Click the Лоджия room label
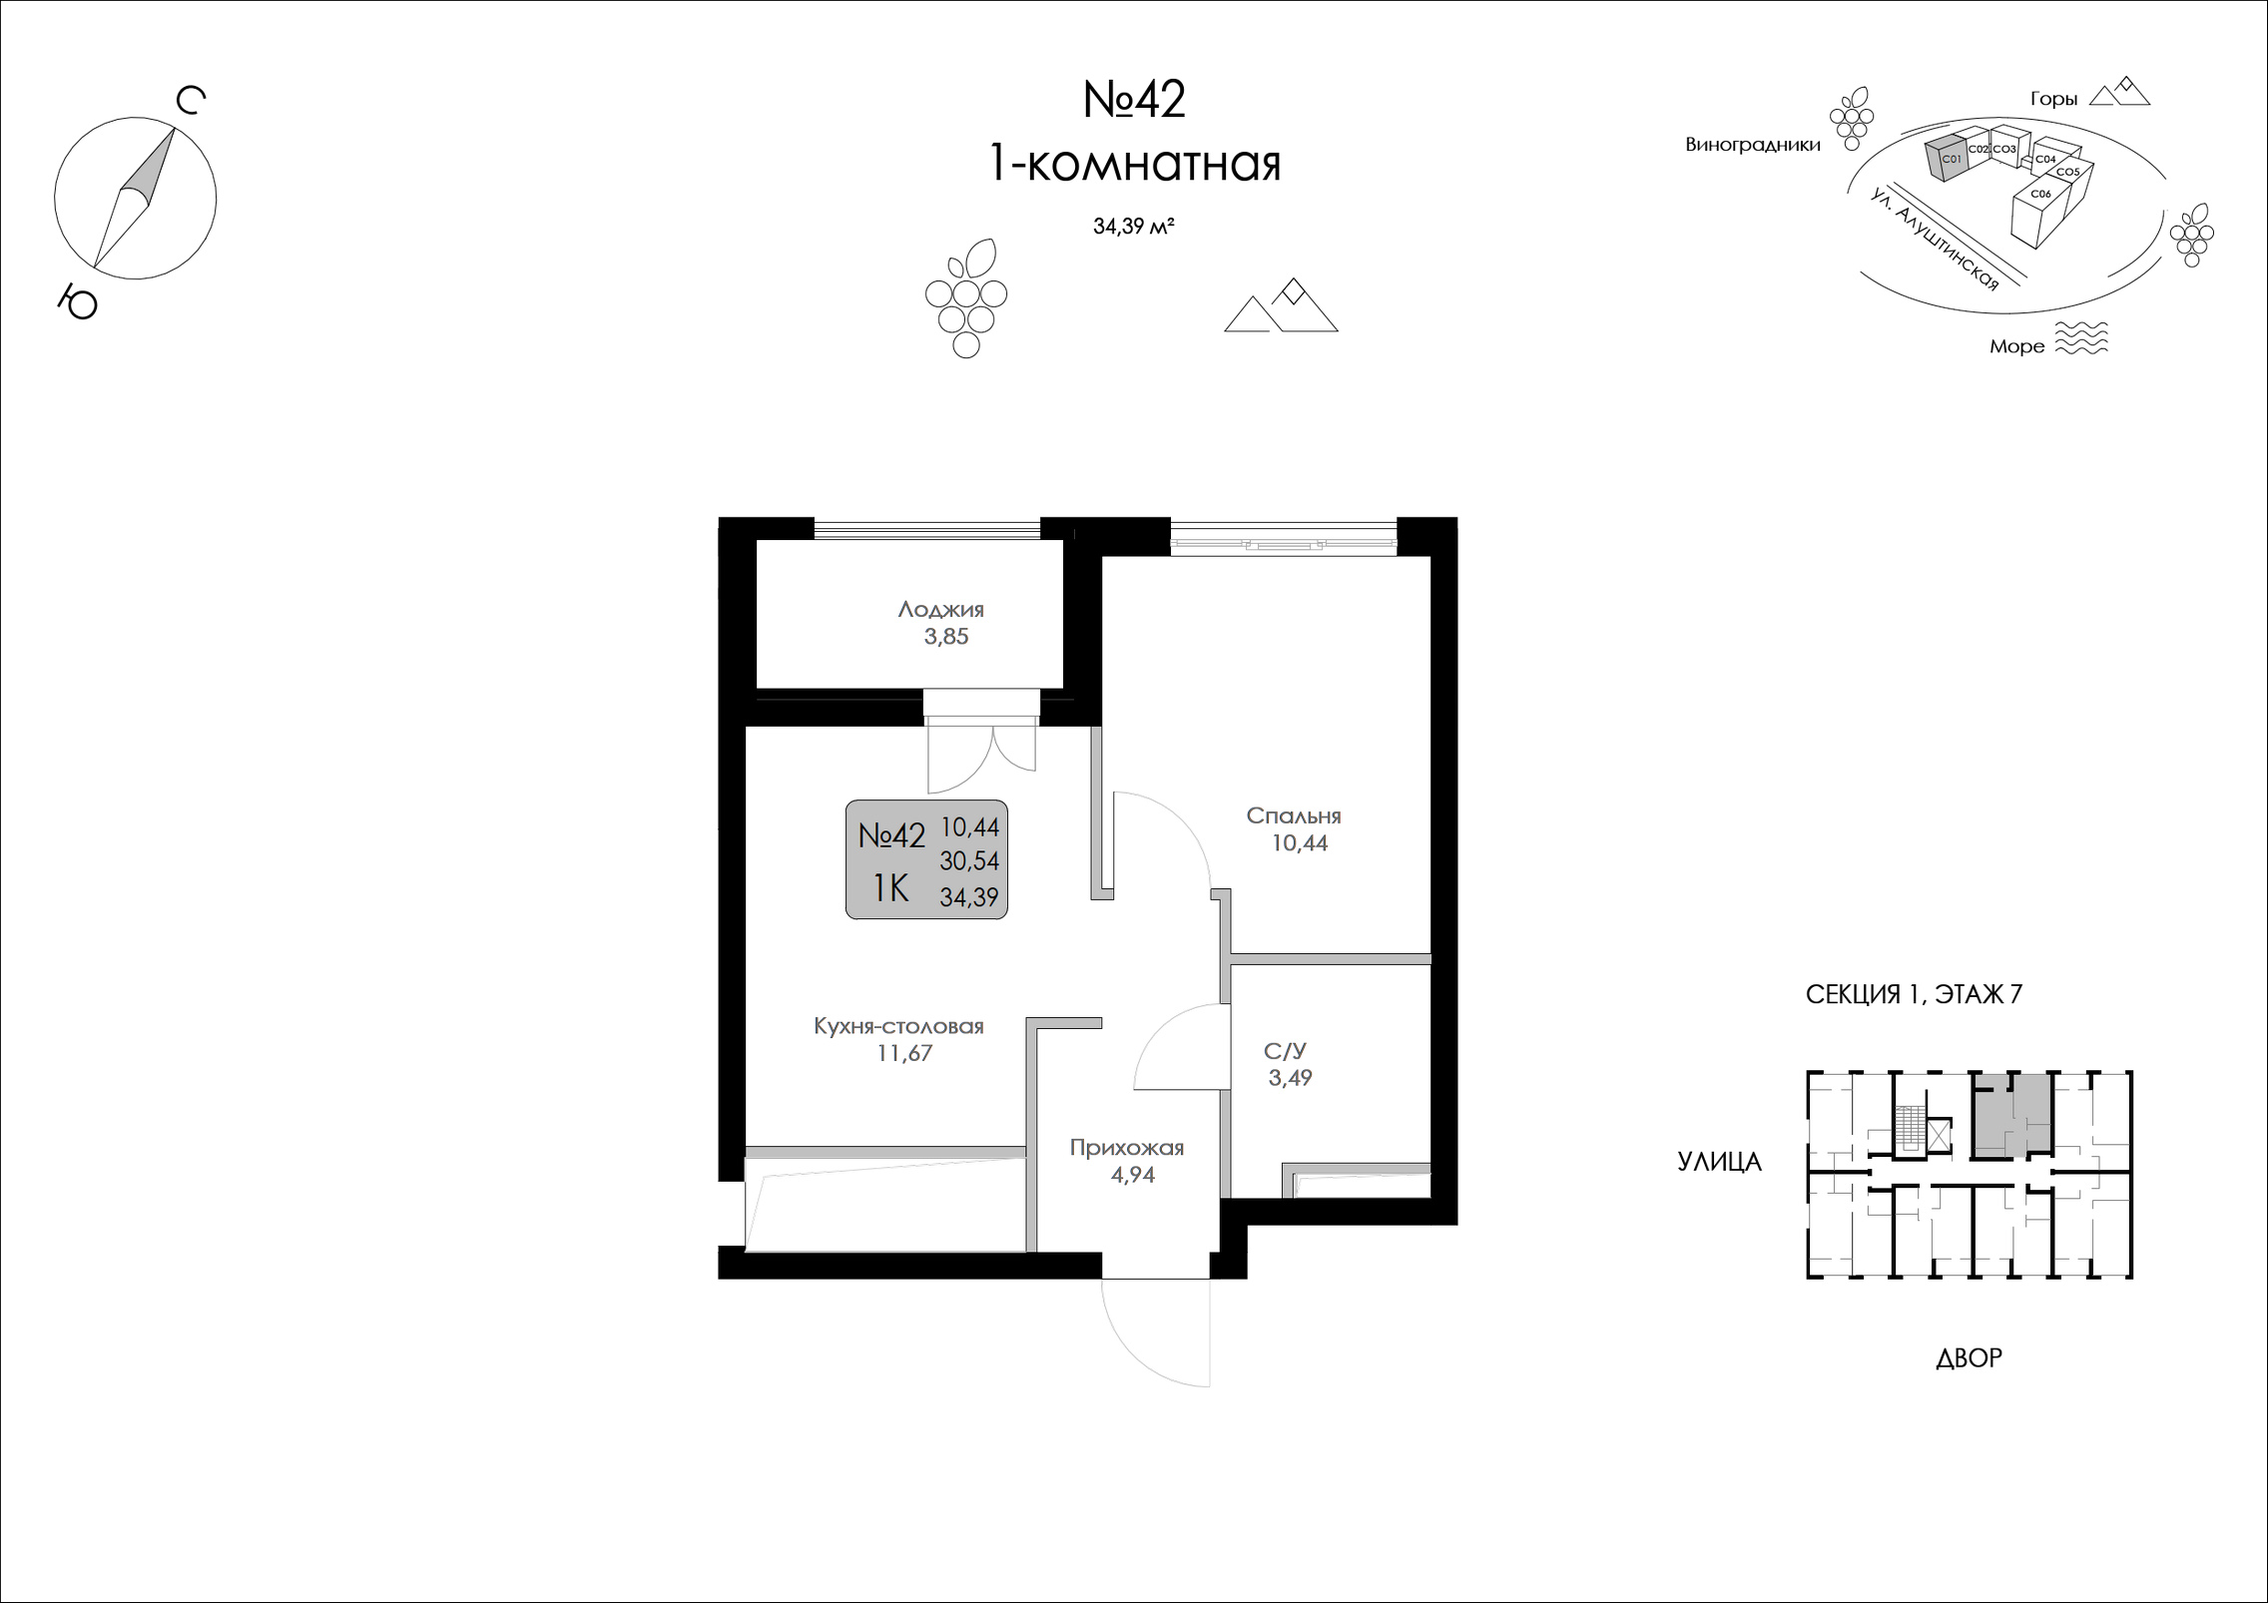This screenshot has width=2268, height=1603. tap(940, 609)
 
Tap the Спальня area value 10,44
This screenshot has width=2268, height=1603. tap(1299, 843)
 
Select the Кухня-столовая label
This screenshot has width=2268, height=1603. tap(898, 1026)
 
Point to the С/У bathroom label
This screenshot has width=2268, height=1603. tap(1285, 1051)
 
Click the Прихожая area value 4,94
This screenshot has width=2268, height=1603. tap(1132, 1175)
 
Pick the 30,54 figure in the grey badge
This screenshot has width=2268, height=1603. tap(969, 860)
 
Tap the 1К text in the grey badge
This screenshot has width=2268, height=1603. tap(890, 887)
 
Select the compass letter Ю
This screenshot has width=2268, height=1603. tap(78, 300)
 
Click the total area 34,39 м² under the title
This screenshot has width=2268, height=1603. tap(1133, 227)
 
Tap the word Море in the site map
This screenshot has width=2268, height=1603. tap(2016, 346)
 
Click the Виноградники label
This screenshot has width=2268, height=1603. tap(1753, 145)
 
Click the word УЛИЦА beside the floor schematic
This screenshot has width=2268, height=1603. tap(1719, 1161)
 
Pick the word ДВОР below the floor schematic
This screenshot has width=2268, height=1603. tap(1969, 1357)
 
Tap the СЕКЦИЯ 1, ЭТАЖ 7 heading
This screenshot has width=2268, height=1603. tap(1913, 994)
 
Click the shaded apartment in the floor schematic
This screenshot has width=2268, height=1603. tap(2012, 1115)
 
